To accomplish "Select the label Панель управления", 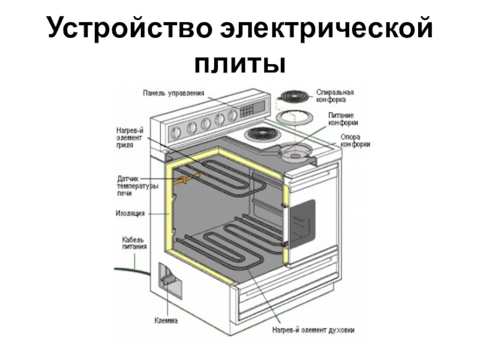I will click(x=173, y=93).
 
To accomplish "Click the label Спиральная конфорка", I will click(x=340, y=96).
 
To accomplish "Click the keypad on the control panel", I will click(x=247, y=112).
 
